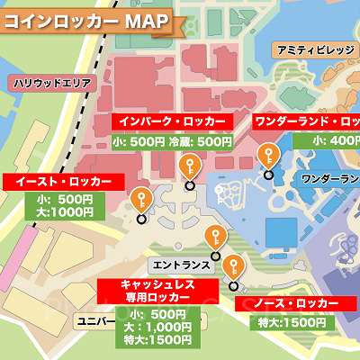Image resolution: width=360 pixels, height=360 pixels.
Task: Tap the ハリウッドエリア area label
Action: [51, 83]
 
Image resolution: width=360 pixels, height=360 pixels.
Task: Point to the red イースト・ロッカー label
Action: [63, 182]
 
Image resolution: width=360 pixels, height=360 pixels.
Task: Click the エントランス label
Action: [182, 266]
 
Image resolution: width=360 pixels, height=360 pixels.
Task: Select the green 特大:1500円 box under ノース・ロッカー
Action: [291, 322]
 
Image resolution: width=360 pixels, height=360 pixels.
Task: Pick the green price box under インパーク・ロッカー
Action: [172, 141]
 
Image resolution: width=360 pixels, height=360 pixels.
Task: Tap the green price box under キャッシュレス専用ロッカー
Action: [151, 328]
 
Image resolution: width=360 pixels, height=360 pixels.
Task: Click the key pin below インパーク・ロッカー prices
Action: [190, 167]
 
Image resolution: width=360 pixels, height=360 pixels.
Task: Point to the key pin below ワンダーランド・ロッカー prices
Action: [267, 155]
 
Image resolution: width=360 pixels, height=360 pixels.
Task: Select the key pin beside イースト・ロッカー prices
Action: [140, 200]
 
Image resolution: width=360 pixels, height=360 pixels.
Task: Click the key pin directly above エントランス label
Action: [213, 238]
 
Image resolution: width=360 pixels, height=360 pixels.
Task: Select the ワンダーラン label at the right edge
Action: [329, 179]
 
